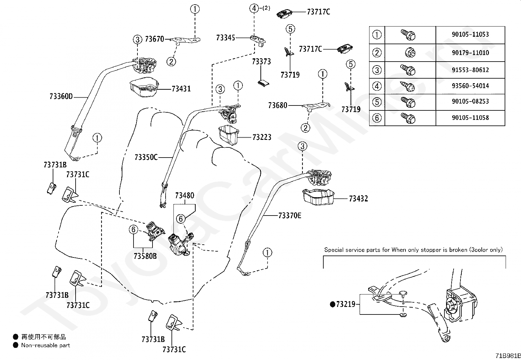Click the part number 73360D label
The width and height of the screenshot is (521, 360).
pos(61,96)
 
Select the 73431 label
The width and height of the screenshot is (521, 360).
pos(181,89)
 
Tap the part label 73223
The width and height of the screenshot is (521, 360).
pos(262,137)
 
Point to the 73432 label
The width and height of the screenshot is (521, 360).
pos(358,199)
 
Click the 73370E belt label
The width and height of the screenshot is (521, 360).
pos(290,216)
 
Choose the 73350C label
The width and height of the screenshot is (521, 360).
pos(146,158)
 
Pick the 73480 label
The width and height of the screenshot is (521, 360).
pos(185,196)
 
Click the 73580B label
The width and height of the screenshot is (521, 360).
pos(145,256)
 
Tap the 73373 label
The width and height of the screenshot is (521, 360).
pos(261,62)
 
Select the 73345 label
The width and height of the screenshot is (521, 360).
pos(225,38)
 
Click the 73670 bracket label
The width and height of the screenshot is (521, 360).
pos(154,39)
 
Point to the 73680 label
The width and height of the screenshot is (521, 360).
pos(278,105)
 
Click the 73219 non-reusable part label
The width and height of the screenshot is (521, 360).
pos(343,304)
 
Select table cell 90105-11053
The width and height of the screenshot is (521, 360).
pos(470,34)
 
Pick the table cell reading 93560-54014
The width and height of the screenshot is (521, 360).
pos(470,86)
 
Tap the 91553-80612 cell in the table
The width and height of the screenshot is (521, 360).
pos(470,70)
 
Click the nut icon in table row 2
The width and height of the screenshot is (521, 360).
pos(410,53)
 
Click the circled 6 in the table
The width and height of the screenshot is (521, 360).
pos(377,118)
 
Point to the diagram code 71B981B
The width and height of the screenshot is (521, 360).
pos(508,356)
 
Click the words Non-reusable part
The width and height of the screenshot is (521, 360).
pos(45,345)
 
